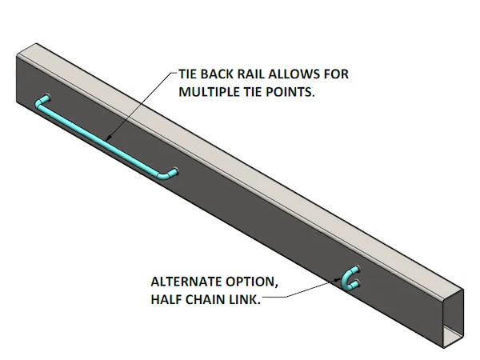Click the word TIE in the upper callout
189,74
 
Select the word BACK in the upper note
218,74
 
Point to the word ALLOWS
298,74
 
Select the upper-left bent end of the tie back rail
42,102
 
